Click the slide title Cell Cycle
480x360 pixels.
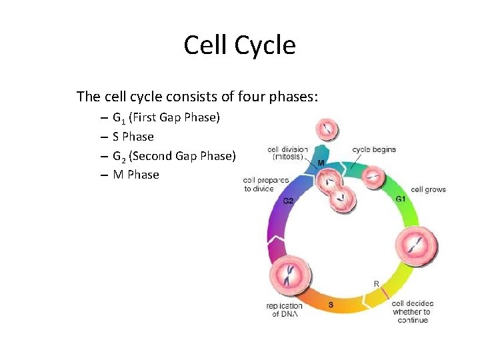click(239, 45)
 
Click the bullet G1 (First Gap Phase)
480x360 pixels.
click(166, 118)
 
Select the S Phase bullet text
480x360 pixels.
click(133, 137)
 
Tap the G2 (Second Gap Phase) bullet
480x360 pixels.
click(174, 156)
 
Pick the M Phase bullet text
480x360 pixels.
click(136, 175)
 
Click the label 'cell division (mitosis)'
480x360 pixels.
click(287, 153)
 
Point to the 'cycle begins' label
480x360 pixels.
click(374, 149)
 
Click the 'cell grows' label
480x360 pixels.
click(428, 189)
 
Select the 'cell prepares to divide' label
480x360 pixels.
click(265, 184)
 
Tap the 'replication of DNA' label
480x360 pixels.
click(285, 310)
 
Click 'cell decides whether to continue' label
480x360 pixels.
click(411, 311)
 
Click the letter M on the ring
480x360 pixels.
click(321, 163)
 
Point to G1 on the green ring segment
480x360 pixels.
click(401, 199)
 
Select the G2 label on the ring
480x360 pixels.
click(289, 201)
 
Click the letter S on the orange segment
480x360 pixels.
click(331, 305)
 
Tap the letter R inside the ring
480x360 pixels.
click(376, 284)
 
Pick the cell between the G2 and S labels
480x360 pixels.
click(289, 274)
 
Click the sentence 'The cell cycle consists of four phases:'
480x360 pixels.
click(197, 97)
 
